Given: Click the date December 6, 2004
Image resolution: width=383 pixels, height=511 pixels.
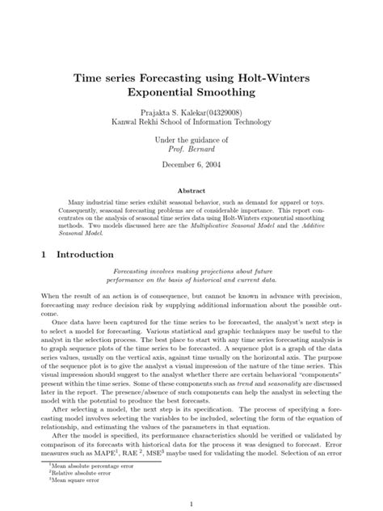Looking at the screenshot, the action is click(x=191, y=164).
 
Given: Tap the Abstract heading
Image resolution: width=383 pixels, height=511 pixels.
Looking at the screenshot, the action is click(x=191, y=192).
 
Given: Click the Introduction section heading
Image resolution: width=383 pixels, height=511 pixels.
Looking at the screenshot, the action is click(x=88, y=254).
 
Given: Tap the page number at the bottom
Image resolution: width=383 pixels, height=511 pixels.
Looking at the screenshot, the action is click(x=191, y=504).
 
